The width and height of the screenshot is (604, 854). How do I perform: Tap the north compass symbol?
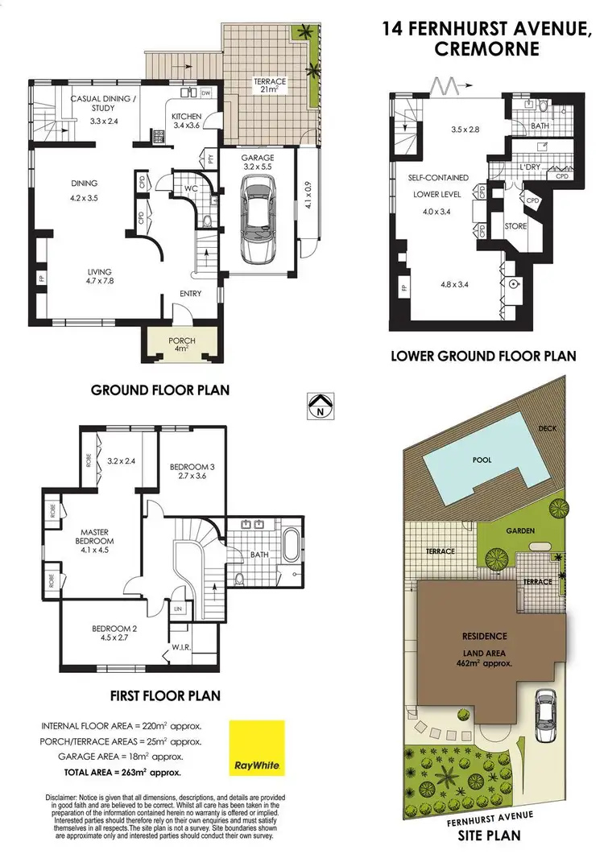320,405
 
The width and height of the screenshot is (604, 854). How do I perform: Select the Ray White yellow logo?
255,748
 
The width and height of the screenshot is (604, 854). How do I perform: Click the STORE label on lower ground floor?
515,226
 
